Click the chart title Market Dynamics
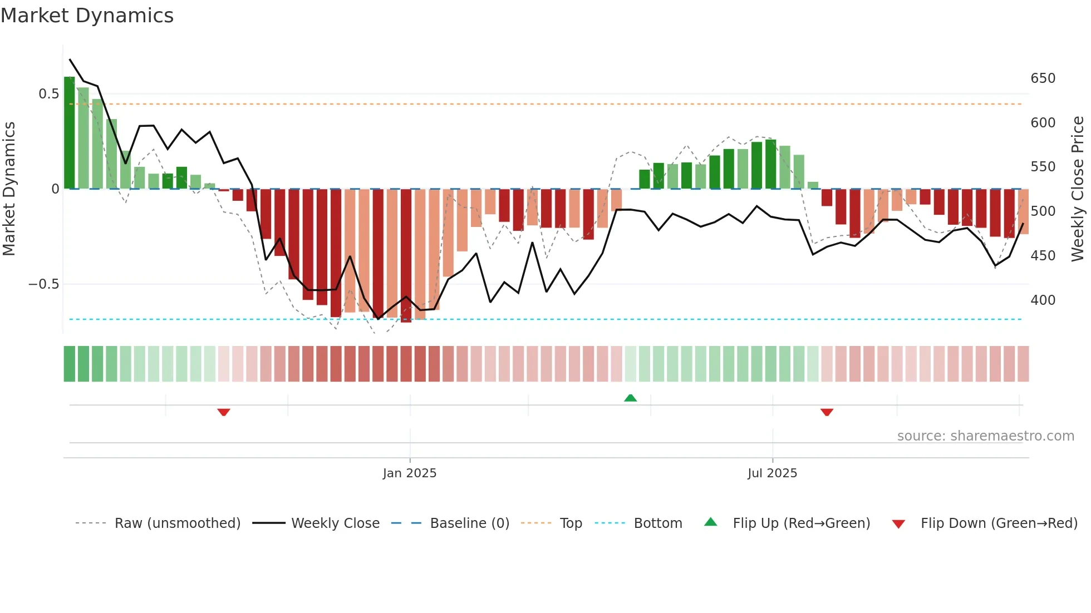(x=87, y=16)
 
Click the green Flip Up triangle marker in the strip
(x=630, y=398)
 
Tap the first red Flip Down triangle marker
(x=224, y=412)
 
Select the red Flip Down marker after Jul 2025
(x=827, y=412)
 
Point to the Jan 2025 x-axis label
(x=410, y=473)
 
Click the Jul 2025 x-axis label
(x=772, y=473)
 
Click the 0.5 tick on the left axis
(x=49, y=94)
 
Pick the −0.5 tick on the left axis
(x=44, y=284)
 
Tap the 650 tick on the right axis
(x=1043, y=78)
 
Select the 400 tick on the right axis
(x=1043, y=300)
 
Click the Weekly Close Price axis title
(x=1078, y=189)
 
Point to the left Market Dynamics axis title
(x=9, y=189)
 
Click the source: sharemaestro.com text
(x=985, y=436)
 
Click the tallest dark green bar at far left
(x=70, y=134)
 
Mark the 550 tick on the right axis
(x=1043, y=167)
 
